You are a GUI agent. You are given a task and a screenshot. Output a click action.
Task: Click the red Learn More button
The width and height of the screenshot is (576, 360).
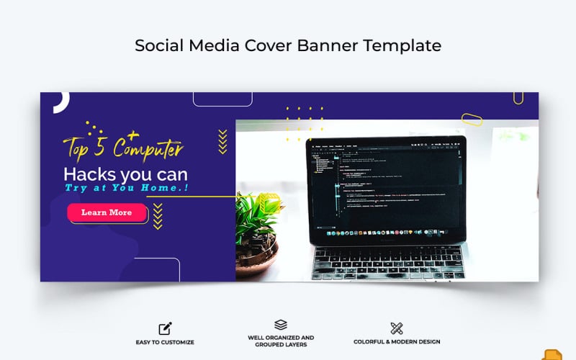pos(107,212)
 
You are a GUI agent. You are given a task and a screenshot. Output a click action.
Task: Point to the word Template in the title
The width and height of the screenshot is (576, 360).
pos(402,45)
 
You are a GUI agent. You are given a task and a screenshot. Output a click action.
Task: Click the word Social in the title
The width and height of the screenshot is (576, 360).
pos(158,45)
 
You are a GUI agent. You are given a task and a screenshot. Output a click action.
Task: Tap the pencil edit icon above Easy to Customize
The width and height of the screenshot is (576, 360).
pos(165,328)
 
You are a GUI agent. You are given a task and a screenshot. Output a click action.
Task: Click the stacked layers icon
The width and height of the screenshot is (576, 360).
pos(281,325)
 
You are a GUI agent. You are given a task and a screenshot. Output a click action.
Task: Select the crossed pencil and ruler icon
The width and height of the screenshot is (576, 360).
pos(396,328)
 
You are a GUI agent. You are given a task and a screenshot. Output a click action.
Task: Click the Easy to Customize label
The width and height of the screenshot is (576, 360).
pos(165,342)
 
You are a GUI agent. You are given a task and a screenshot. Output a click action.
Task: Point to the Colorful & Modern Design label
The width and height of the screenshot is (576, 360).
pos(397,342)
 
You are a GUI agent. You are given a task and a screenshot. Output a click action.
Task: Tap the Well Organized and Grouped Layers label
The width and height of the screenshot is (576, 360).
pos(281,341)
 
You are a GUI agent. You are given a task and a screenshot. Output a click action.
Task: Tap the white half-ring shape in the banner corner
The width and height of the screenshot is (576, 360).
pos(60,102)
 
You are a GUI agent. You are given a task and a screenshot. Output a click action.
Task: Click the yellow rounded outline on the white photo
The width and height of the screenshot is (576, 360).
pos(472,119)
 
